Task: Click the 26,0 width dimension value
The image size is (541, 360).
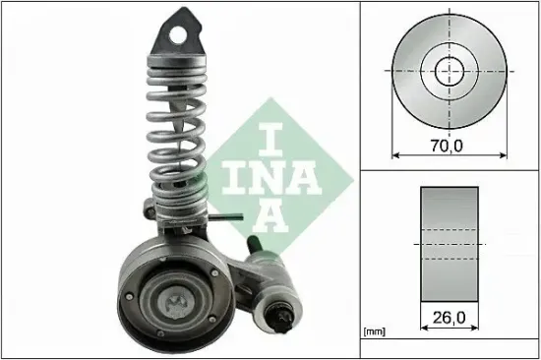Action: click(451, 318)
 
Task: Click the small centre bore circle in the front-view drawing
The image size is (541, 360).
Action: click(450, 70)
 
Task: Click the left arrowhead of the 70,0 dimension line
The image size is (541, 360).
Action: click(396, 155)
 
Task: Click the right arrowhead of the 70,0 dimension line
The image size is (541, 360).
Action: click(505, 155)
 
